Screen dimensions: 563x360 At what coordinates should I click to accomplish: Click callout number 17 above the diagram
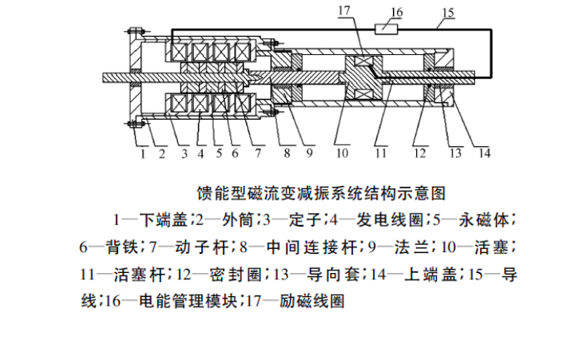coord(343,10)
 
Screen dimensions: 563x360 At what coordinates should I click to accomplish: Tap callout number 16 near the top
coord(396,12)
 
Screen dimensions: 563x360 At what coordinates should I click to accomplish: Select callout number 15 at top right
coord(448,13)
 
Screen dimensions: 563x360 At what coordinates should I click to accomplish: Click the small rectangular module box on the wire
coord(387,29)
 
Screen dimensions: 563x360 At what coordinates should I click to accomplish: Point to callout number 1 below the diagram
coord(143,153)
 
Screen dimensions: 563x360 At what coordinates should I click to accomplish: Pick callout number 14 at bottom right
coord(485,153)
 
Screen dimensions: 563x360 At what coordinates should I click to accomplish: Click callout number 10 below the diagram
coord(342,153)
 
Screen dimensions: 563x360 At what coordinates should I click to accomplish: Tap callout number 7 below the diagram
coord(258,153)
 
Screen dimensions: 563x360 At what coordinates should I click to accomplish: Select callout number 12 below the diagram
coord(420,153)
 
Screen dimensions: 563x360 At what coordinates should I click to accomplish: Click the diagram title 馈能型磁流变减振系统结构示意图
coord(321,193)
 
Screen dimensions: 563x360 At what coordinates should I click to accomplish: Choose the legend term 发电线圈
coord(390,220)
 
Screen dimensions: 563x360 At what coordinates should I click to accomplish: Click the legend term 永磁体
coord(484,220)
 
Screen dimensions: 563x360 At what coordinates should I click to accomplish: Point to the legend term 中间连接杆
coord(312,247)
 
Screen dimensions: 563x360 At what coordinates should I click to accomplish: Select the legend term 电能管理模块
coord(188,301)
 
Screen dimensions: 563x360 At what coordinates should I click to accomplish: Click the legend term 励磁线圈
coord(312,301)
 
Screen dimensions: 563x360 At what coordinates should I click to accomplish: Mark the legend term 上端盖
coord(430,275)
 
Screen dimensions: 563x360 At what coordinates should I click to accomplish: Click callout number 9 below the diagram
coord(310,153)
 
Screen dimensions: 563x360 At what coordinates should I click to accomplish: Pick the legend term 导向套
coord(333,275)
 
